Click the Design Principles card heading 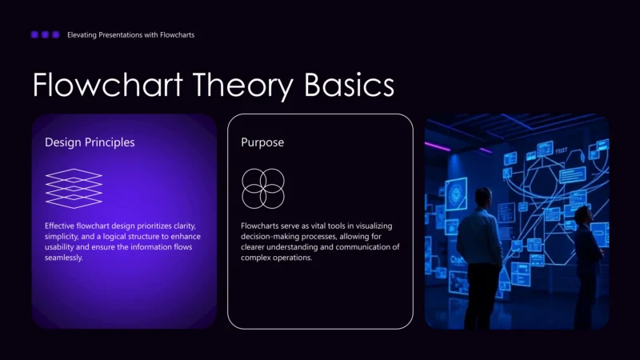click(x=90, y=142)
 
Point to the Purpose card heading click(x=262, y=142)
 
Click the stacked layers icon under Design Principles click(x=74, y=188)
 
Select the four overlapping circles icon click(x=263, y=189)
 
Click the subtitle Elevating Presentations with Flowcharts click(x=130, y=35)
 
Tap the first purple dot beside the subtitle click(x=34, y=34)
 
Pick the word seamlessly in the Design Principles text click(x=64, y=258)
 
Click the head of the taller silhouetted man click(x=482, y=197)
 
